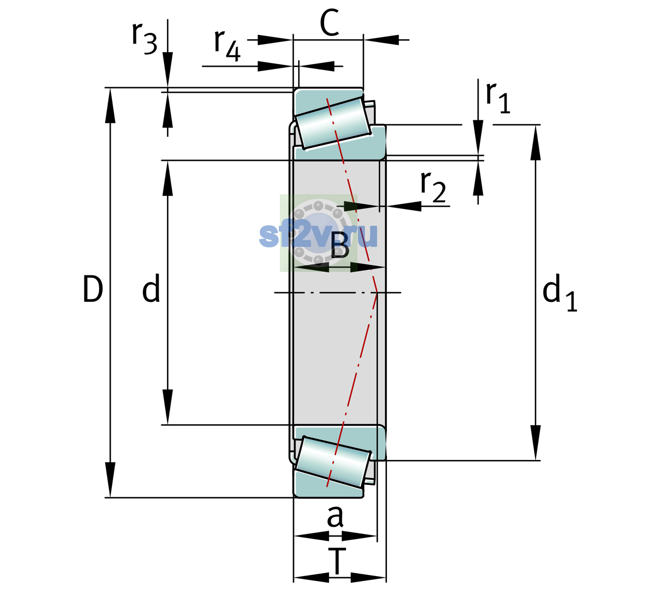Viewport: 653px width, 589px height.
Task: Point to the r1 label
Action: [x=498, y=98]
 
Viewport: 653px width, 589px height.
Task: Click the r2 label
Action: [x=433, y=187]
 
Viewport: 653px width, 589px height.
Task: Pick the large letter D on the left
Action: [x=93, y=289]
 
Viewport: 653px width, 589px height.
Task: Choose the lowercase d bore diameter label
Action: [x=151, y=288]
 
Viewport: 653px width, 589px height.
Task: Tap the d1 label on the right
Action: [x=560, y=292]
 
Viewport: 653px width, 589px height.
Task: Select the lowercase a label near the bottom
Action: [x=335, y=516]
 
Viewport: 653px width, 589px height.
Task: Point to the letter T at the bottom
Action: [x=337, y=562]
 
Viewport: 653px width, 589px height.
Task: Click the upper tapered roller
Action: [x=334, y=123]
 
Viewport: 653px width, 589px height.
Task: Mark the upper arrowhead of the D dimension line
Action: [x=110, y=106]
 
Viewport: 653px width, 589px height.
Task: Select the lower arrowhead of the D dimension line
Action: [x=110, y=480]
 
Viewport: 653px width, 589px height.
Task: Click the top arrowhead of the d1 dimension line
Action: [x=536, y=142]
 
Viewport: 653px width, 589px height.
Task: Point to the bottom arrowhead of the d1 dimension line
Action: [x=536, y=443]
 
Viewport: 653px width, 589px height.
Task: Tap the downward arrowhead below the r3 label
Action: [x=167, y=70]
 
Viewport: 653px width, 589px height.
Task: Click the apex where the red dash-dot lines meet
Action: [x=377, y=293]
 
